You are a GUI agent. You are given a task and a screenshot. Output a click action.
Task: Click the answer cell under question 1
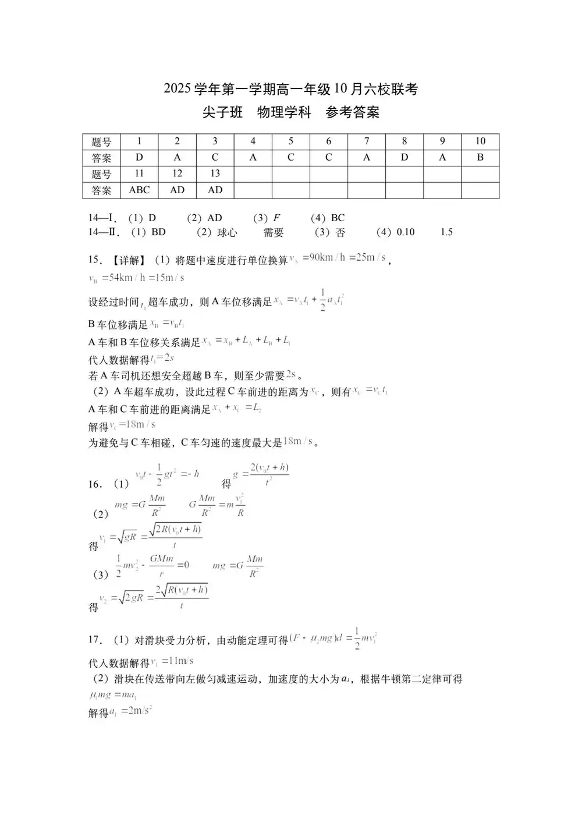pos(139,157)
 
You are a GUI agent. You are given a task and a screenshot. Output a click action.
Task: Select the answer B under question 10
pos(480,157)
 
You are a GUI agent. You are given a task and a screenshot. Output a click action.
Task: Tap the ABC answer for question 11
pos(139,190)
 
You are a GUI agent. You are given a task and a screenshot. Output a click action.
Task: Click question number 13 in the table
pos(215,173)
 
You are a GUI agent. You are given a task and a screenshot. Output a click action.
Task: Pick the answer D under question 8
pos(404,157)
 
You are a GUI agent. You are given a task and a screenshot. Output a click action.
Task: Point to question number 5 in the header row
pos(291,141)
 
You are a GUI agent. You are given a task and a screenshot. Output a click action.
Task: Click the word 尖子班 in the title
pos(222,112)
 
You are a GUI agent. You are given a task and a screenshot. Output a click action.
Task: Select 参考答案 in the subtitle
pos(352,112)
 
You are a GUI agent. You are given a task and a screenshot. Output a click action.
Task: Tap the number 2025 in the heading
pos(178,89)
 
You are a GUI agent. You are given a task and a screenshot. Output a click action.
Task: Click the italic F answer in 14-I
pos(276,218)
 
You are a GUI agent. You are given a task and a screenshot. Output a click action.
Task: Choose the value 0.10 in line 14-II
pos(405,232)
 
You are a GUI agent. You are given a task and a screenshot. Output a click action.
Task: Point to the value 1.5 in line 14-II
pos(446,232)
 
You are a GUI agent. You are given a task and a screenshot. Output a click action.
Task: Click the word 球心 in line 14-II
pos(227,232)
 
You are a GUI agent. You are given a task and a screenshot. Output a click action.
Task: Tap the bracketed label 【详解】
pos(129,260)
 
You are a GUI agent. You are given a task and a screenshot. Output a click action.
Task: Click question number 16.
pos(94,484)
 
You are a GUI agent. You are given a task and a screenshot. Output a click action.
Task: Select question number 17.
pos(94,640)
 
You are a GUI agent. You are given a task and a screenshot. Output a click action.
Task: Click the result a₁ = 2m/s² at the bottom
pos(130,711)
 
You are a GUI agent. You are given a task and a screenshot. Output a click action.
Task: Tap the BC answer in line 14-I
pos(338,218)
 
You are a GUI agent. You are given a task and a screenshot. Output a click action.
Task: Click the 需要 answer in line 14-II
pos(274,232)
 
